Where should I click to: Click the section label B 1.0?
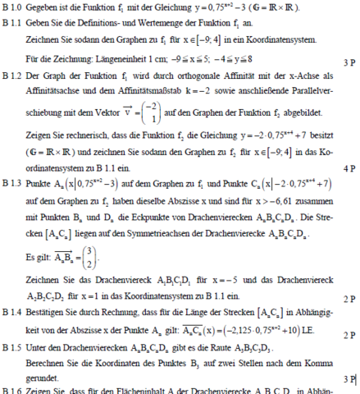click(12, 8)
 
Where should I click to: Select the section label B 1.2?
click(12, 74)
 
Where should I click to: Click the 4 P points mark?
click(348, 168)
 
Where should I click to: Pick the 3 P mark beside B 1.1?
click(348, 62)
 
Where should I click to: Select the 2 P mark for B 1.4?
click(348, 335)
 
